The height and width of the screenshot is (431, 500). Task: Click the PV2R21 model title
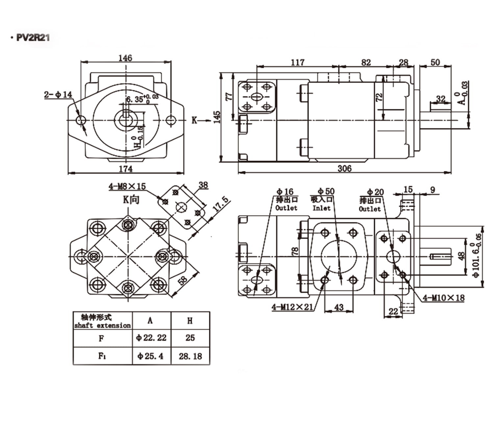coord(33,37)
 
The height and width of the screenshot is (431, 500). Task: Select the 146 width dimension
coord(125,58)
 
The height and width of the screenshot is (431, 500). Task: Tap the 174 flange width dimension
coord(126,169)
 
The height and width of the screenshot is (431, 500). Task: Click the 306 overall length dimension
coord(344,169)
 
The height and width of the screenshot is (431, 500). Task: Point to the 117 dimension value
coord(297,62)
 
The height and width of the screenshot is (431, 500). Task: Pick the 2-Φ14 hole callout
coord(58,95)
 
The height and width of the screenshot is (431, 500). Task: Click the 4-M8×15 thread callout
coord(127,186)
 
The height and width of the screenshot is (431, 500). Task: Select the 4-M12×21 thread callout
coord(292,307)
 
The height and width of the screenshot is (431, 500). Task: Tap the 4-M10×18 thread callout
coord(444,298)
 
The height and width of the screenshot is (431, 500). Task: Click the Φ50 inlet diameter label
coord(326,191)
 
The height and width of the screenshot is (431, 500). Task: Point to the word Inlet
coord(321,208)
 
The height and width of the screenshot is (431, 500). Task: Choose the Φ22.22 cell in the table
coord(151,338)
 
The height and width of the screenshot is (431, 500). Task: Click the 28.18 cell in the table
coord(190,356)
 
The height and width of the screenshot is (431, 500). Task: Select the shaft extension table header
coord(102,321)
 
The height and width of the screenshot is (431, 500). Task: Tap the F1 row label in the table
coord(102,356)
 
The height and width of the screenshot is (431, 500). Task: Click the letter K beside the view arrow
coord(194,120)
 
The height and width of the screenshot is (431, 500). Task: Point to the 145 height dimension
coord(217,117)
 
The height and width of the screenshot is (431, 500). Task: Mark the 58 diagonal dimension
coord(183,280)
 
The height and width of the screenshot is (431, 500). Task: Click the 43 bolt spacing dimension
coord(339,307)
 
